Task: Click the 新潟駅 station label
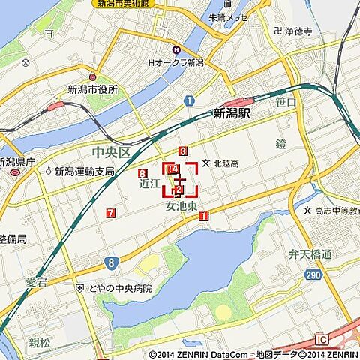232,113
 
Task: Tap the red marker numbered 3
183,151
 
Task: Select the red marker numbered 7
111,214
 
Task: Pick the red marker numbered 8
142,174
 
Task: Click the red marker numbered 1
203,217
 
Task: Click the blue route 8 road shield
111,262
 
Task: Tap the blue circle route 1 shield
189,100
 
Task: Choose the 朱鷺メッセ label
228,16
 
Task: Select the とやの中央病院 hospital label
119,288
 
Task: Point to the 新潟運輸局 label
84,171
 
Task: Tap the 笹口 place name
286,100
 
